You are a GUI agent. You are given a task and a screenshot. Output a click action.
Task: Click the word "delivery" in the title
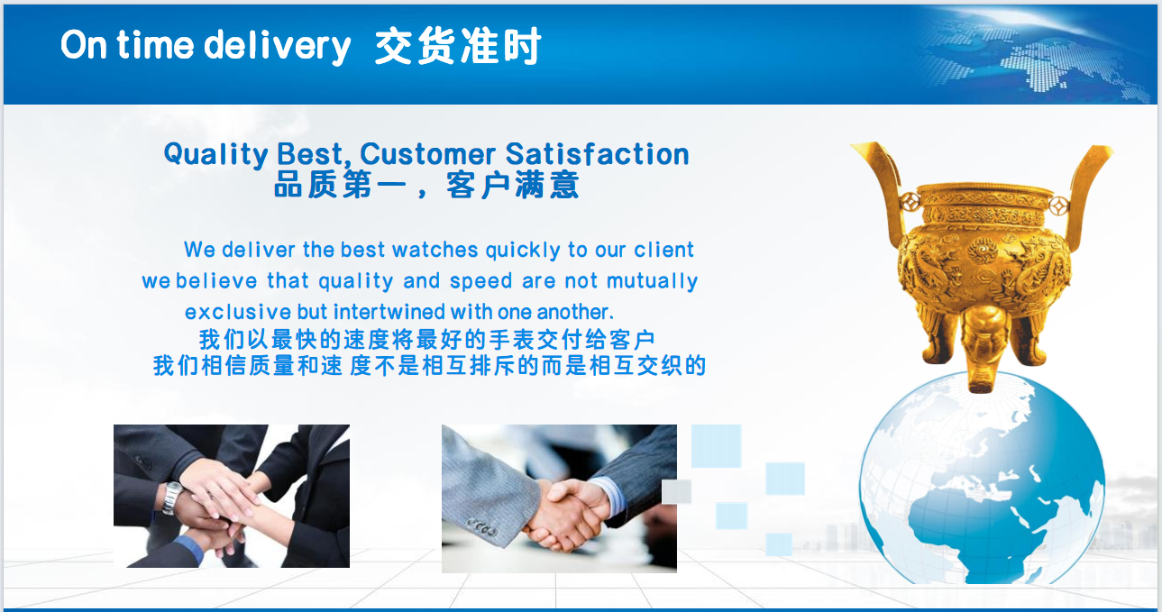coord(278,46)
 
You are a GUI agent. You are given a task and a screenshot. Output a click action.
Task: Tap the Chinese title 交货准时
coord(458,46)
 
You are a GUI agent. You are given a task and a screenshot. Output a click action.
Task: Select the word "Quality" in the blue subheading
coord(215,154)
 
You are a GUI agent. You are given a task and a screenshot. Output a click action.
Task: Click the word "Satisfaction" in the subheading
coord(597,154)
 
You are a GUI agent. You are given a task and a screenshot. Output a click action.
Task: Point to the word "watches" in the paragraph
coord(435,250)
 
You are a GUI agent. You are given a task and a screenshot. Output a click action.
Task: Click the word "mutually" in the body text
coord(652,281)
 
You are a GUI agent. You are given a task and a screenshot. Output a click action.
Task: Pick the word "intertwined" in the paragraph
coord(389,312)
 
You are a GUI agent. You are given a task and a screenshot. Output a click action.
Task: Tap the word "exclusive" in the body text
coord(238,312)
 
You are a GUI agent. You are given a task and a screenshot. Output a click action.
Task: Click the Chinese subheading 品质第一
coord(340,185)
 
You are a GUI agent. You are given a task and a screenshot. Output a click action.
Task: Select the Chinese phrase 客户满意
coord(512,185)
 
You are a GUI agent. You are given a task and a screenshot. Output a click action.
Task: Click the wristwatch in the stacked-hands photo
coord(171,498)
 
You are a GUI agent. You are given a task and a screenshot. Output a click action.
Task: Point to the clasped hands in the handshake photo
coord(565,514)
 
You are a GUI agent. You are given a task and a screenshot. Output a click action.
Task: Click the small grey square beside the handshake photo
coord(676,492)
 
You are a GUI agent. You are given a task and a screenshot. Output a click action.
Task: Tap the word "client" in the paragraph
coord(663,250)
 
